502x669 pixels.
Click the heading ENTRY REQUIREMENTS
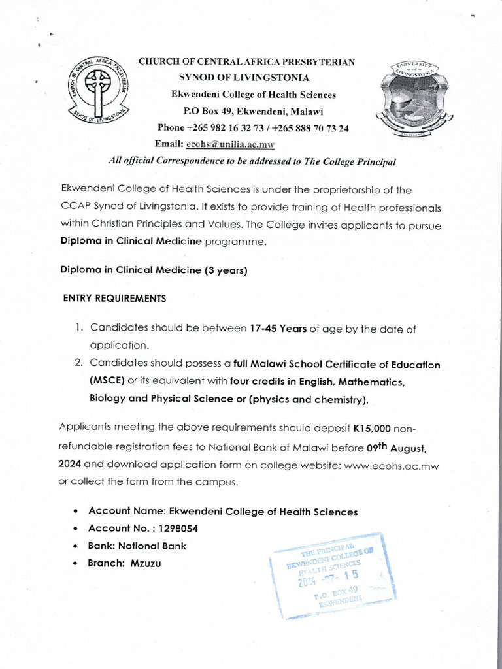click(x=114, y=299)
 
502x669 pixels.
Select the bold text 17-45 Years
click(x=278, y=329)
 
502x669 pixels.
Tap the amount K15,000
click(x=372, y=428)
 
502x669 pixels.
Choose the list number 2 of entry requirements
click(x=79, y=363)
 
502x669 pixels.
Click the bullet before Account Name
click(x=78, y=512)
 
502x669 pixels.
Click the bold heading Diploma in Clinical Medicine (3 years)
click(x=154, y=270)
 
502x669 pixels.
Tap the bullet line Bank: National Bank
click(x=138, y=546)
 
